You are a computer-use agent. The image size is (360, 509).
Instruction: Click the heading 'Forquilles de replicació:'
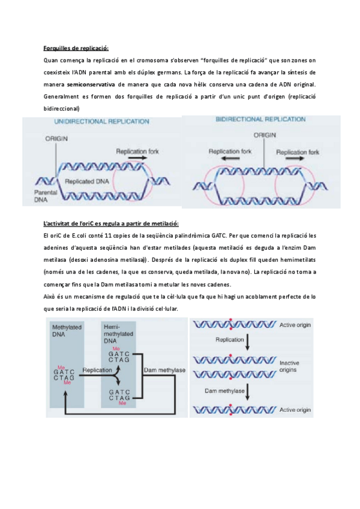[76, 48]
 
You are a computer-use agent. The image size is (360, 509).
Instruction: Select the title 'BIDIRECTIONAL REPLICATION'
[260, 119]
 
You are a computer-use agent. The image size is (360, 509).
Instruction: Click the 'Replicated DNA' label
[86, 180]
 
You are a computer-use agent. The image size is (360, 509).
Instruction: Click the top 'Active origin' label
[295, 325]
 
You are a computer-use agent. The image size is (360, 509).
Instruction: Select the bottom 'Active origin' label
[295, 411]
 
